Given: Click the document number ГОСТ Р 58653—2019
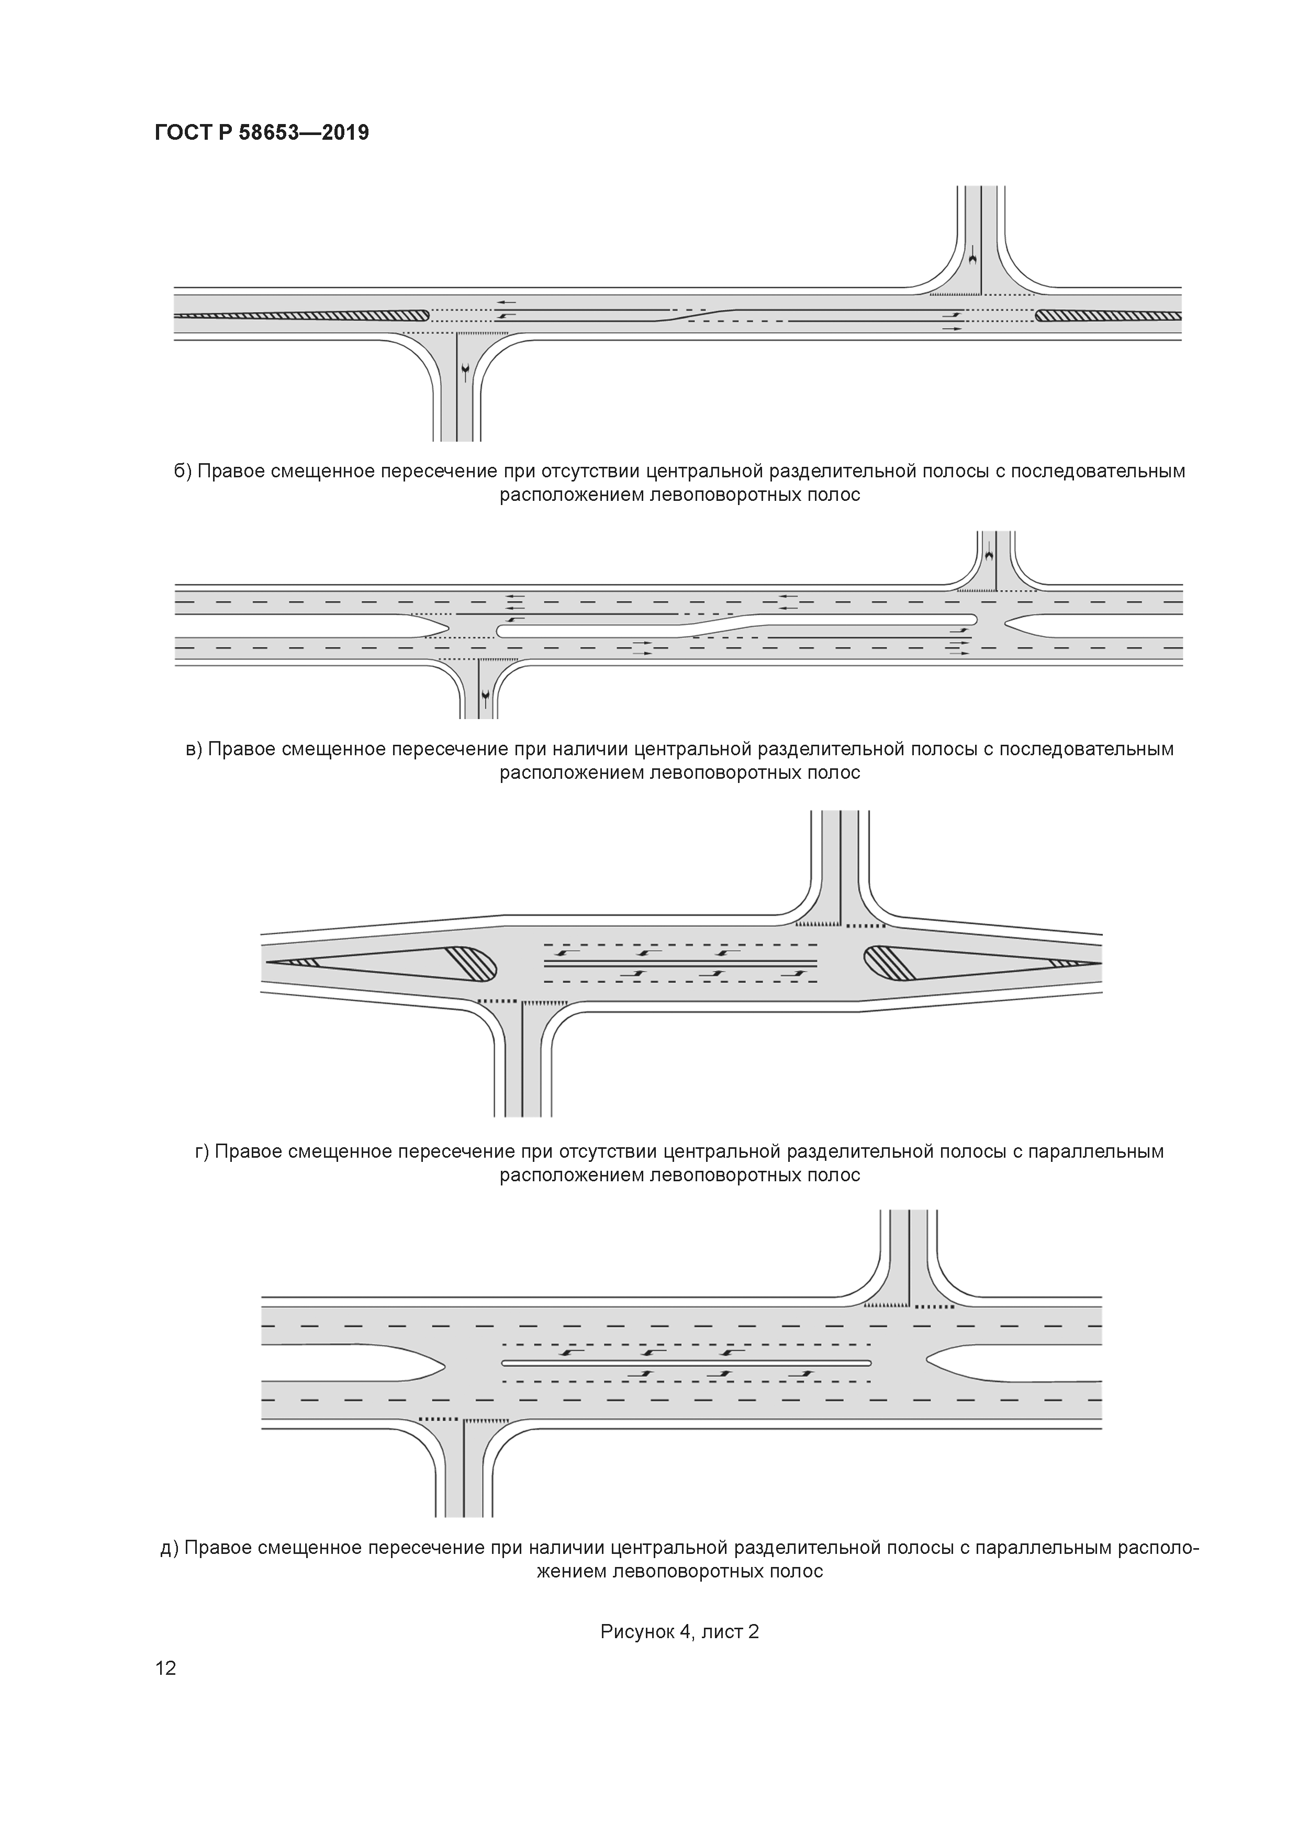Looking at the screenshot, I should click(262, 133).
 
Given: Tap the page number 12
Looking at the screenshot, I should click(165, 1667).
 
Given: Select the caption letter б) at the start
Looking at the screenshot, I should click(183, 471).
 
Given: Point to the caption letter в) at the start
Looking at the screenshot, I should click(194, 749).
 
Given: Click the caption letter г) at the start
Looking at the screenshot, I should click(203, 1151).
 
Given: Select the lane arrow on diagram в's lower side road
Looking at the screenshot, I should click(485, 700).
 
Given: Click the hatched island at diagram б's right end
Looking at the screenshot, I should click(1107, 316).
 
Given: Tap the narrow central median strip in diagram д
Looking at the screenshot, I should click(686, 1362).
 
